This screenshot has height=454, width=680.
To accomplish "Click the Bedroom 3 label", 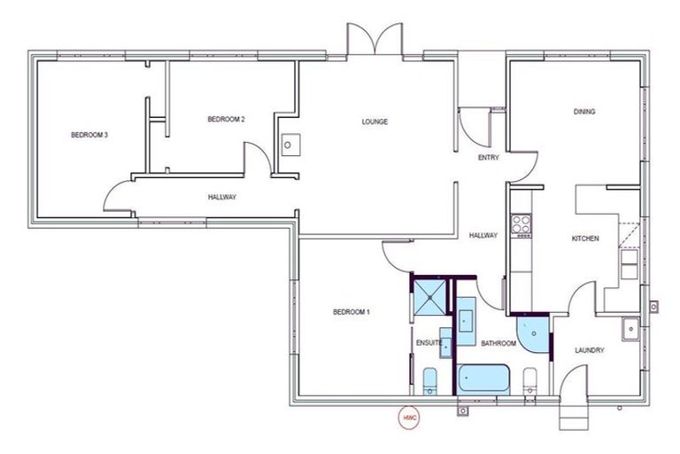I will pyautogui.click(x=89, y=136).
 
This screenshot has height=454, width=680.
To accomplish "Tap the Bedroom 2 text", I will pyautogui.click(x=226, y=119).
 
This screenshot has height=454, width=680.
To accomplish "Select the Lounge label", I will pyautogui.click(x=375, y=121).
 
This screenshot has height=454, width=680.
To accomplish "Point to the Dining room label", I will pyautogui.click(x=583, y=112).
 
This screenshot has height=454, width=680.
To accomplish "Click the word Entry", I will pyautogui.click(x=488, y=158).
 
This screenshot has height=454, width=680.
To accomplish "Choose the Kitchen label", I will pyautogui.click(x=585, y=239).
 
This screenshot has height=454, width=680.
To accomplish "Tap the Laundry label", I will pyautogui.click(x=589, y=350).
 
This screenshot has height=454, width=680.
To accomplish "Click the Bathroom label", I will pyautogui.click(x=498, y=343).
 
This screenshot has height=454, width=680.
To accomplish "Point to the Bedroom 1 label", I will pyautogui.click(x=352, y=312).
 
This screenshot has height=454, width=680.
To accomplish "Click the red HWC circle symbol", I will pyautogui.click(x=409, y=416).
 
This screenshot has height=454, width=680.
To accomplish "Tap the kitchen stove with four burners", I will pyautogui.click(x=522, y=226).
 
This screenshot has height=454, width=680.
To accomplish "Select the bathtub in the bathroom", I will pyautogui.click(x=484, y=379).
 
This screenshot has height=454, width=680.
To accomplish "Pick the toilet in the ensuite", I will pyautogui.click(x=430, y=382).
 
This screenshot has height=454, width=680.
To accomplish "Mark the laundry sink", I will pyautogui.click(x=631, y=328).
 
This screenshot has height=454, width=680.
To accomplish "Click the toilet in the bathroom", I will pyautogui.click(x=530, y=381).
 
